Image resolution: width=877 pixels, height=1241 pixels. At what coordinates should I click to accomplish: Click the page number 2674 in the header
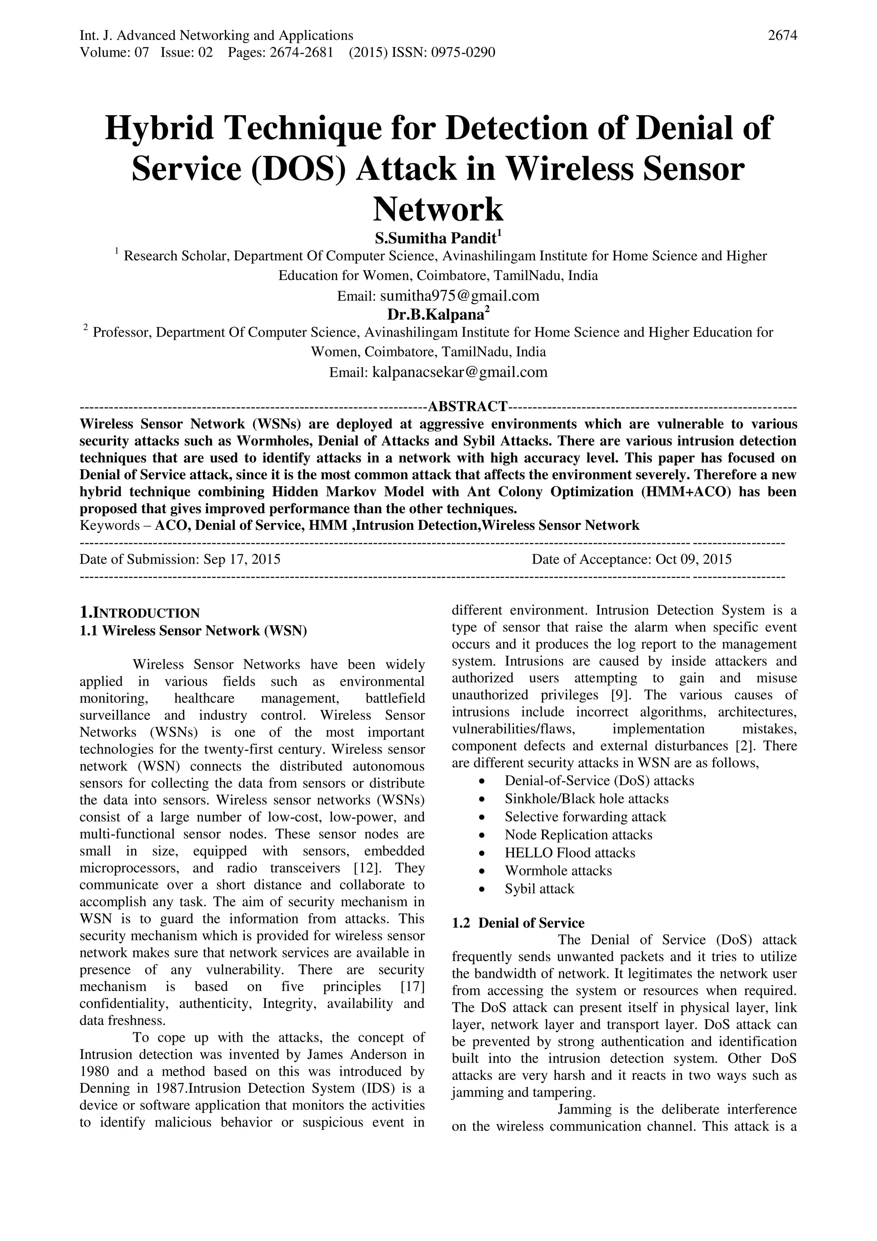coord(782,36)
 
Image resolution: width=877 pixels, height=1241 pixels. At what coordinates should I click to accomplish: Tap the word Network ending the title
coord(438,210)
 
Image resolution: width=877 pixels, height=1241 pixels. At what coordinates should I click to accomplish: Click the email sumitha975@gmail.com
coord(459,296)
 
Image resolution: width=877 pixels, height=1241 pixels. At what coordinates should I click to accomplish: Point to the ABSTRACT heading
coord(467,406)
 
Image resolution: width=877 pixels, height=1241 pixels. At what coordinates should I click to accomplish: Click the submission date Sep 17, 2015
coord(242,559)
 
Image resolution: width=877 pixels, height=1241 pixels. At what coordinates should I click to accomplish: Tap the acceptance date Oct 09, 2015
coord(693,559)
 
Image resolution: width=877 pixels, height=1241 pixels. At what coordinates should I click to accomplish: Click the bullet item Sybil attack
coord(540,889)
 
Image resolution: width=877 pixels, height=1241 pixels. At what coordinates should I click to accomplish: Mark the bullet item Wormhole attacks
coord(558,871)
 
